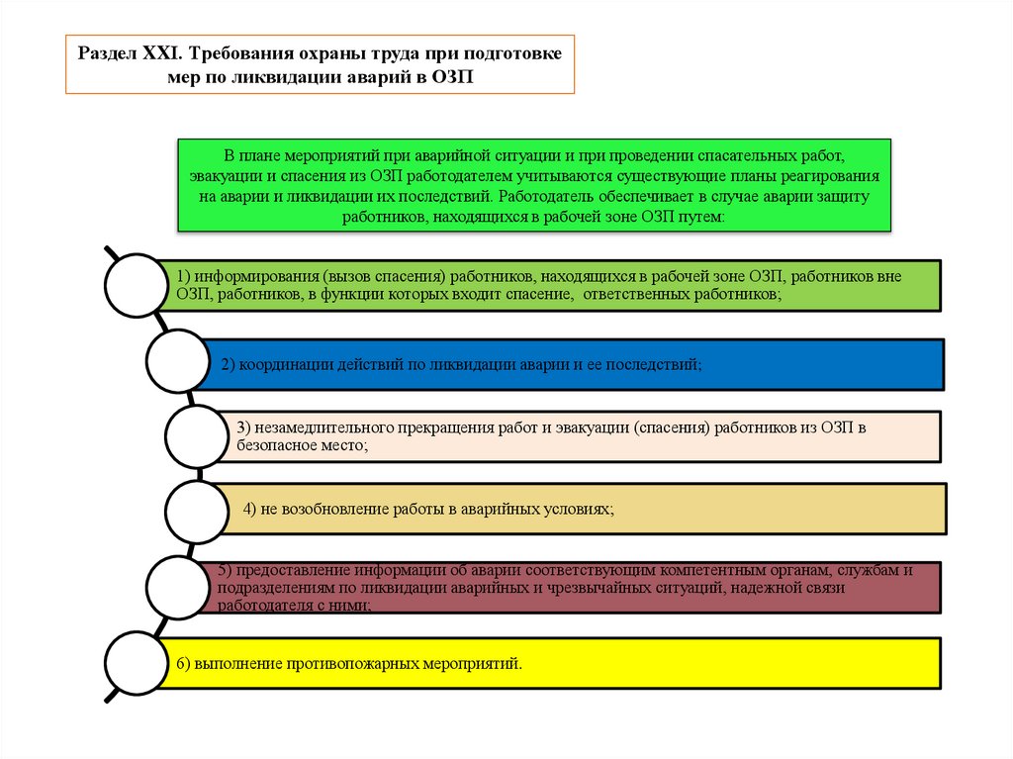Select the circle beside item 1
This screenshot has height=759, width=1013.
pos(135,287)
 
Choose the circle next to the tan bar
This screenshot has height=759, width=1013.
pos(198,510)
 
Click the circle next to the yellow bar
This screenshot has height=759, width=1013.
pos(137,661)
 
